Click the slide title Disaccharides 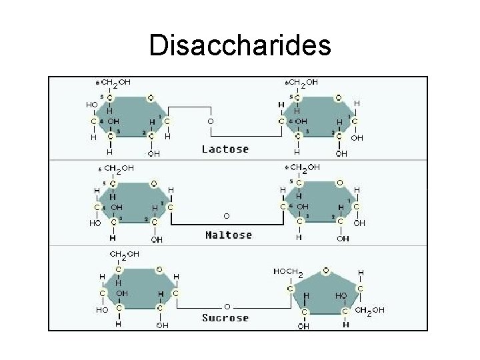[240, 45]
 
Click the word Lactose [225, 149]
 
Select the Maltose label [229, 235]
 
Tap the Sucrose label [225, 318]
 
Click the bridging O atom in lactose [210, 122]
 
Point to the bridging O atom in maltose [227, 216]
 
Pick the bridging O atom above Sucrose [227, 306]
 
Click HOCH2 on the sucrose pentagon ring [289, 272]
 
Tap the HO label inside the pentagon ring [341, 294]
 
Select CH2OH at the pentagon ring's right [370, 311]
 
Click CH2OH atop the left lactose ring [115, 83]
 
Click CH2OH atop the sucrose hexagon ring [125, 254]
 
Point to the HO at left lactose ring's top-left [91, 105]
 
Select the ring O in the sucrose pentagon [325, 270]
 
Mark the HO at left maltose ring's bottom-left [95, 223]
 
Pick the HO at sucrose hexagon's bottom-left [101, 310]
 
